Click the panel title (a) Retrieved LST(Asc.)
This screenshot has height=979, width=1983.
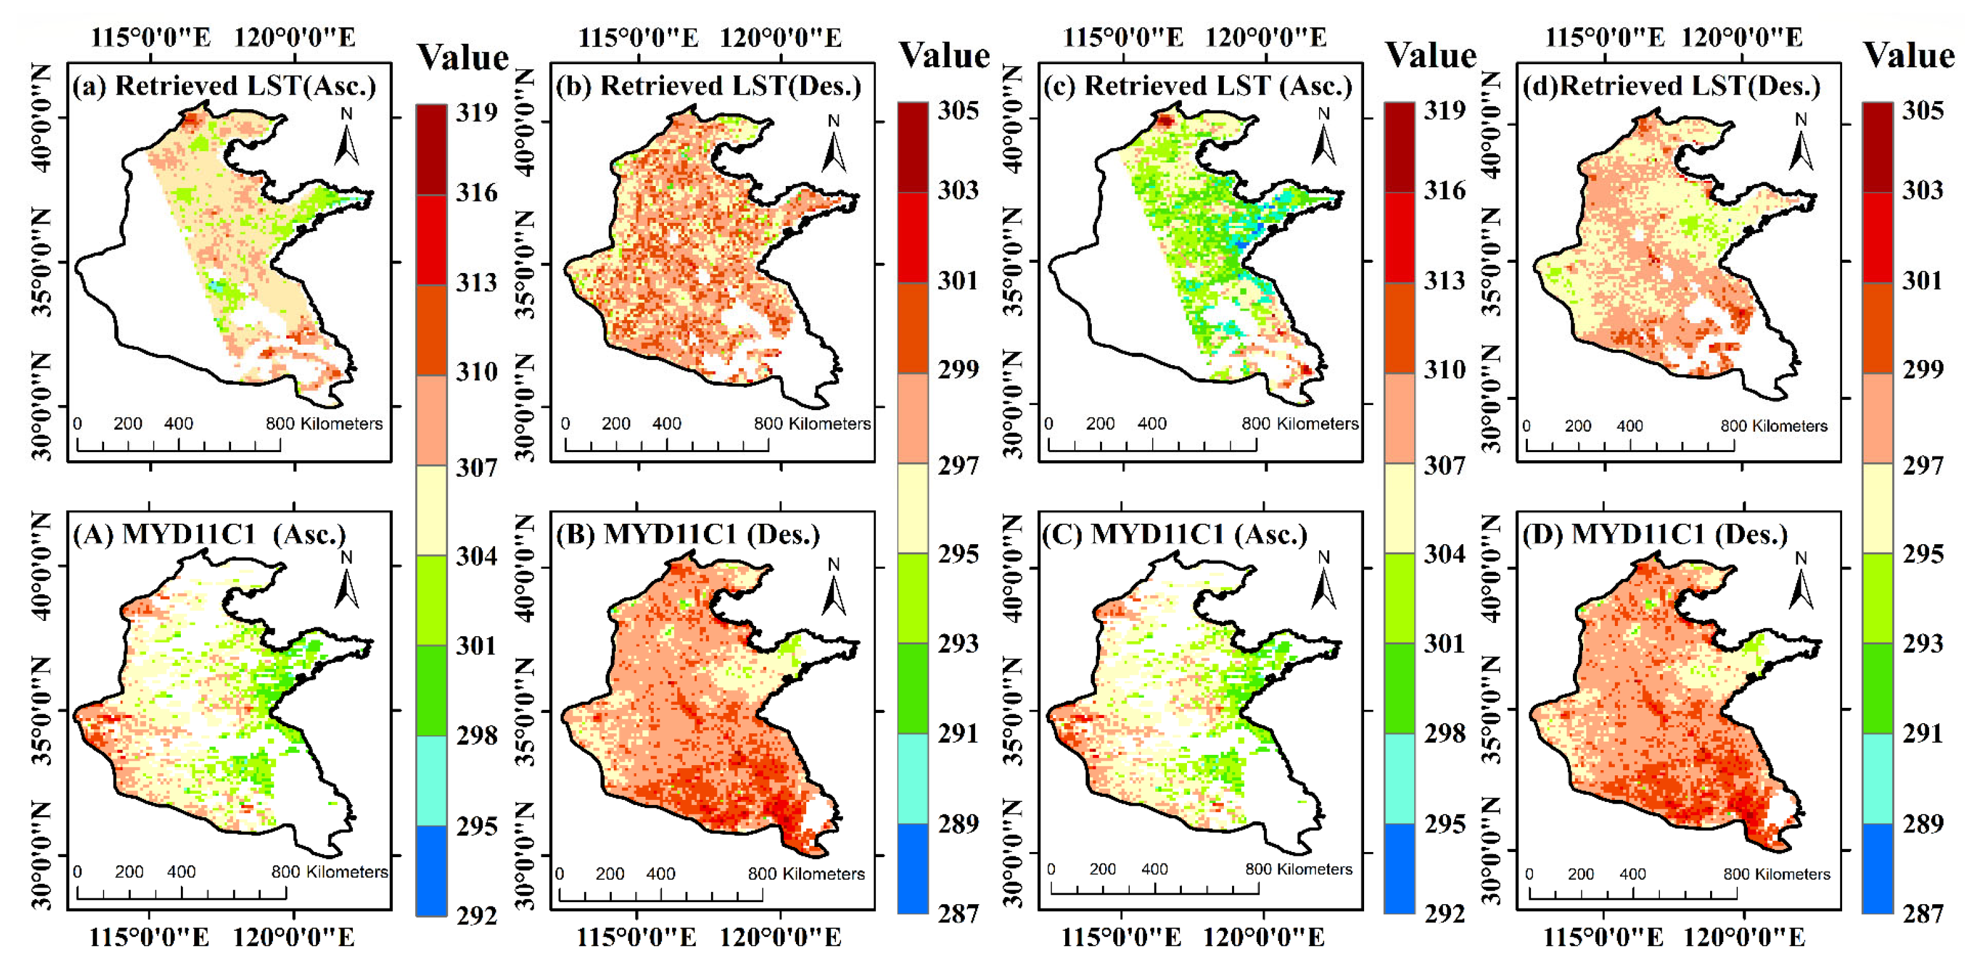[224, 86]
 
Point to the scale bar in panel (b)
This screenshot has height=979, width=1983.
[666, 445]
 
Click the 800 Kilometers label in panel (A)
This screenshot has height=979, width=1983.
[329, 872]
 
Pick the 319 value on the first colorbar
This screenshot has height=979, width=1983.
[477, 113]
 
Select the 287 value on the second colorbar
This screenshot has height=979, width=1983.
[958, 914]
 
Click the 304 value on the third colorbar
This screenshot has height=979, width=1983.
[1444, 554]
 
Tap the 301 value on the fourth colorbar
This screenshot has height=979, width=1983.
[1922, 280]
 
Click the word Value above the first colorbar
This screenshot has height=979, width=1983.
[463, 58]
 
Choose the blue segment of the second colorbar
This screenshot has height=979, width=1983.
[912, 868]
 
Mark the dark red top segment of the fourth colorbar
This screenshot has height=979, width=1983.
[1877, 146]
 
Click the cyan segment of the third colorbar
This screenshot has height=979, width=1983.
[1399, 777]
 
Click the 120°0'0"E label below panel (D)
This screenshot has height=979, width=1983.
[1744, 938]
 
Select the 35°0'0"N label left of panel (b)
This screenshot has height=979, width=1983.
[525, 264]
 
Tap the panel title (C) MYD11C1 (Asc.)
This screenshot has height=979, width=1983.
[1174, 534]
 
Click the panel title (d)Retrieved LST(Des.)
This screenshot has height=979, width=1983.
[1671, 86]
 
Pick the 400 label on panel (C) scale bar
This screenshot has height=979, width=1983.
[1154, 869]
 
